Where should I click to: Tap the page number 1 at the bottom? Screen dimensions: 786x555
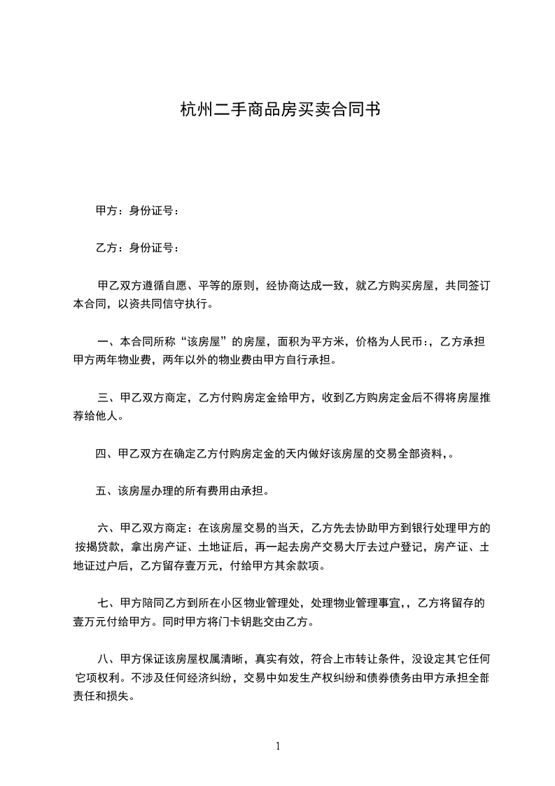click(278, 746)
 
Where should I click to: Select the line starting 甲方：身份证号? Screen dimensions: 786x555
click(137, 210)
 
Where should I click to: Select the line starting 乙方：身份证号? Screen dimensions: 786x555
click(137, 247)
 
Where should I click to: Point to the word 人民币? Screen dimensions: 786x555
click(406, 343)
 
